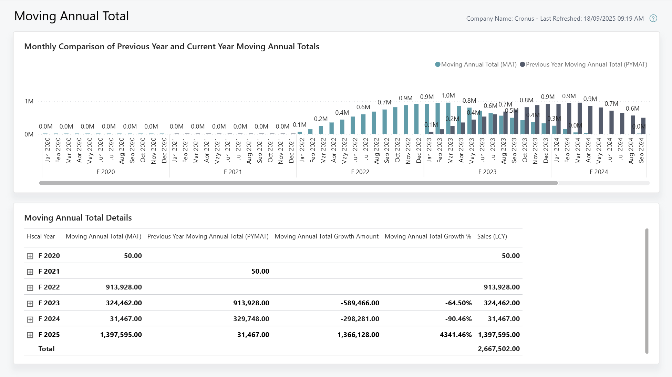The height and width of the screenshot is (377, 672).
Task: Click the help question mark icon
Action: click(653, 19)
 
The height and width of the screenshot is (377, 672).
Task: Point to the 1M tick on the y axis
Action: click(29, 101)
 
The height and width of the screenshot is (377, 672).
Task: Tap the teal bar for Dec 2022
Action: click(416, 119)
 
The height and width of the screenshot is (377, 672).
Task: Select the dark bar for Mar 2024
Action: click(580, 118)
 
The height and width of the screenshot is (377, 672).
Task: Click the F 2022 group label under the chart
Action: click(360, 172)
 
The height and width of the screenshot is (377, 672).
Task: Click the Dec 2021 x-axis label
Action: click(291, 151)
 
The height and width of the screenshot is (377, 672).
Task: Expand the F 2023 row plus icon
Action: click(30, 304)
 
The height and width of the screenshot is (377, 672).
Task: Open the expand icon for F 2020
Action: click(30, 256)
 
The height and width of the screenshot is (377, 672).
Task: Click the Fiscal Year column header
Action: click(41, 236)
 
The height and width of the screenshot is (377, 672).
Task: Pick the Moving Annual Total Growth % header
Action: click(427, 236)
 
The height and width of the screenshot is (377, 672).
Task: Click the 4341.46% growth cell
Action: click(455, 335)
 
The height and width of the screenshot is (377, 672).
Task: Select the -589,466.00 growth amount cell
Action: click(360, 303)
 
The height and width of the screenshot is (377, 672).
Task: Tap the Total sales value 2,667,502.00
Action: click(498, 349)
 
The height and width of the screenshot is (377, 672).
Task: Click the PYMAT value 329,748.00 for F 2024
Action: click(251, 319)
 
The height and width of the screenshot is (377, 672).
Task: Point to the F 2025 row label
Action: click(49, 335)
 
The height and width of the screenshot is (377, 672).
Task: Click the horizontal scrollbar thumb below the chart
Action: click(298, 183)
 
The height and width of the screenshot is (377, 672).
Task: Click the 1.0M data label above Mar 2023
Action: click(448, 95)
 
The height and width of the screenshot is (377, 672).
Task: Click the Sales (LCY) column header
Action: click(492, 236)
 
